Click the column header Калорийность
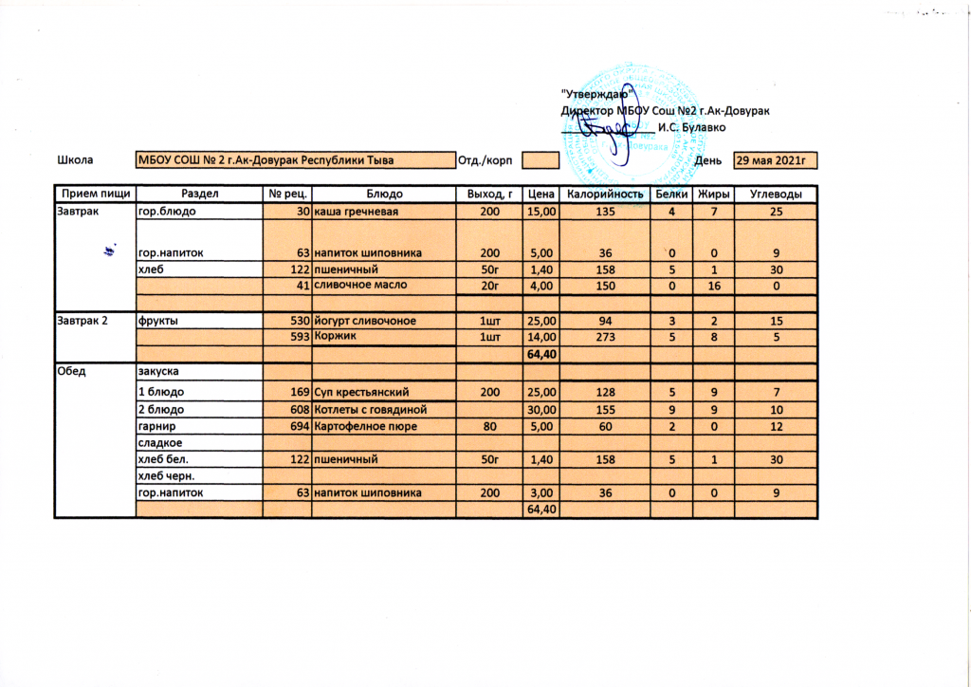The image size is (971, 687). click(604, 195)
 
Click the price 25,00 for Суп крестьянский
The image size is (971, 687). click(540, 392)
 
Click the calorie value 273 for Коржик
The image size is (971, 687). click(604, 336)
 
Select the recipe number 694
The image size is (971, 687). click(299, 426)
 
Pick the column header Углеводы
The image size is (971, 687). click(777, 195)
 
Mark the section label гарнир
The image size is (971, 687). click(156, 426)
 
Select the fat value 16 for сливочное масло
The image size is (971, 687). click(713, 286)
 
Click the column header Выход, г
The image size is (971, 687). click(490, 195)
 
